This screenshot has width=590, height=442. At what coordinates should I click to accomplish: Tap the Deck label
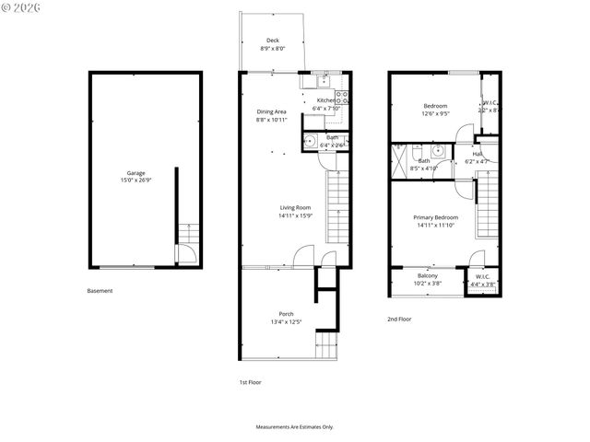point(273,41)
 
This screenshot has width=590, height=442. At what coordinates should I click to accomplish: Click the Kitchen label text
point(326,100)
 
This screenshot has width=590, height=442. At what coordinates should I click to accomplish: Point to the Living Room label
point(296,208)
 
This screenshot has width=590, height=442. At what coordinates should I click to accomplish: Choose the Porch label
point(287,314)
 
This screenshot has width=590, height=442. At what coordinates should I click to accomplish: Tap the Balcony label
point(427,276)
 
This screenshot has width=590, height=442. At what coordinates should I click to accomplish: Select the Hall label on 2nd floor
point(478,154)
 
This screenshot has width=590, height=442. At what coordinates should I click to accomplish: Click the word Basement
point(100,291)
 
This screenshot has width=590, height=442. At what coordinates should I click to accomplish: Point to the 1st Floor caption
point(250,382)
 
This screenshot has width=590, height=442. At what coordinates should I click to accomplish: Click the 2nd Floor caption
point(399,319)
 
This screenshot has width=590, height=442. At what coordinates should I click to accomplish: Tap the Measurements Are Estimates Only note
point(295,427)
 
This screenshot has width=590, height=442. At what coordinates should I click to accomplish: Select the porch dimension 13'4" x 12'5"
point(287,322)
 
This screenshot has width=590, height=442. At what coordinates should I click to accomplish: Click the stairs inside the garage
point(188,232)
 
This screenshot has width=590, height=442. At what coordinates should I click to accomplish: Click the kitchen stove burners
point(342,99)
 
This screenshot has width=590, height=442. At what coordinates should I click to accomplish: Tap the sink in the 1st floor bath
point(309,142)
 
